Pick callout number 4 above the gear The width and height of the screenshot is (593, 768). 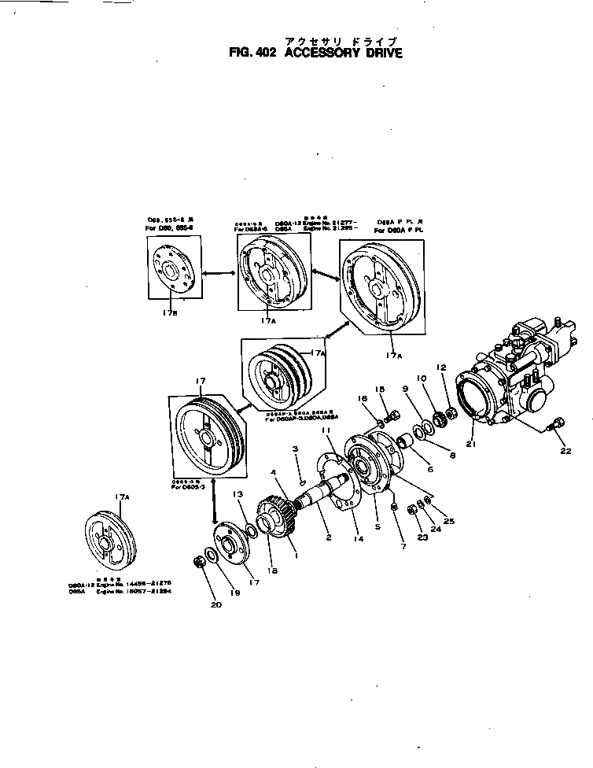pos(274,473)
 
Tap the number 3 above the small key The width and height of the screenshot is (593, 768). pos(295,449)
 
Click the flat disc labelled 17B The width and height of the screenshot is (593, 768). pos(174,267)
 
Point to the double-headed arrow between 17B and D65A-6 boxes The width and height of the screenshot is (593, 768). pos(219,272)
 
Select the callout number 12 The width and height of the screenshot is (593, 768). pos(441,367)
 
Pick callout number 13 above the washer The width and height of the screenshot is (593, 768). pos(238,493)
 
